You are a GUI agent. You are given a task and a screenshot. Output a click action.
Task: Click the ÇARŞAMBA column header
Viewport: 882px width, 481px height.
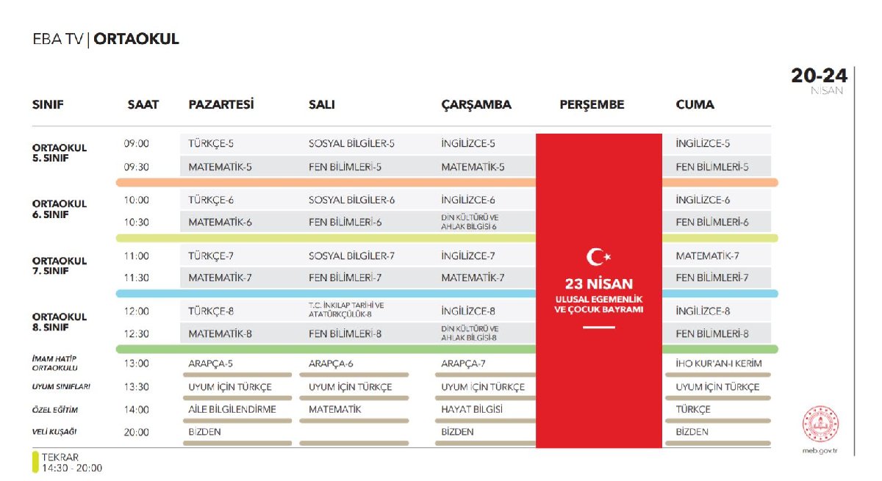point(476,104)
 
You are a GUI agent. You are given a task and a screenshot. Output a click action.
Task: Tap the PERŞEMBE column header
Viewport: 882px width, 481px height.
point(592,104)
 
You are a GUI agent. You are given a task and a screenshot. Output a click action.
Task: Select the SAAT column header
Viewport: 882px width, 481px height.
point(143,104)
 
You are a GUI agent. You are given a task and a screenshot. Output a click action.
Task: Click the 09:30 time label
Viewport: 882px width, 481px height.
point(137,167)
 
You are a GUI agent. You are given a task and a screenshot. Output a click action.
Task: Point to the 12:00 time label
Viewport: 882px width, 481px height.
point(137,311)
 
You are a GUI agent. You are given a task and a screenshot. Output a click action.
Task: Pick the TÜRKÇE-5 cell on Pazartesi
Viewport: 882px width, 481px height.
point(211,144)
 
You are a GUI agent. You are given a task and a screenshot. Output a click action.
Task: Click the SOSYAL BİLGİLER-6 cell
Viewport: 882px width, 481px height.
point(351,200)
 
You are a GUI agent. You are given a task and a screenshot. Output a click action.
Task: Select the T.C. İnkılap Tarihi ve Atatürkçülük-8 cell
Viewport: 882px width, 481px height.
point(347,311)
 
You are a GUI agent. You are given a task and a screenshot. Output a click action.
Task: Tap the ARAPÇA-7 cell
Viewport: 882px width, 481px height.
point(463,363)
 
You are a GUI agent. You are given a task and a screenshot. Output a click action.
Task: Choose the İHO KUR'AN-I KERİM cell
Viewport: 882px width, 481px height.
point(718,363)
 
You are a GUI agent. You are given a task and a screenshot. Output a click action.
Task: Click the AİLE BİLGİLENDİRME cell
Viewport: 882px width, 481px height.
point(232,409)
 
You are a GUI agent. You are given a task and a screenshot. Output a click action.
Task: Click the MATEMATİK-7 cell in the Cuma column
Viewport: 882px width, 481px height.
point(707,256)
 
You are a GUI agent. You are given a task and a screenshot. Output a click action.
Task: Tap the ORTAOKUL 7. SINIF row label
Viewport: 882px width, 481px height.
point(59,265)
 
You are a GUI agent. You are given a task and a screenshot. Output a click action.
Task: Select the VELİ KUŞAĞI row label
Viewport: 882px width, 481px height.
point(55,432)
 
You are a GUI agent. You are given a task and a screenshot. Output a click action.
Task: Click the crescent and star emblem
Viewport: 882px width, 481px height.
point(598,257)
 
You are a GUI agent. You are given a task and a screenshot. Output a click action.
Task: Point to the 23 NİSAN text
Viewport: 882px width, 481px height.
point(598,284)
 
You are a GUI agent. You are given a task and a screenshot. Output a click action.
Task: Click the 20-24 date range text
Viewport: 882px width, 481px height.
point(819,76)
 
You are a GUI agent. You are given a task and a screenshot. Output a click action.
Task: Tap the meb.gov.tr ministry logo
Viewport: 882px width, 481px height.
point(820,424)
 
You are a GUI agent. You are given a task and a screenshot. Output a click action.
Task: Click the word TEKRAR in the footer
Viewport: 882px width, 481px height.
point(60,457)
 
